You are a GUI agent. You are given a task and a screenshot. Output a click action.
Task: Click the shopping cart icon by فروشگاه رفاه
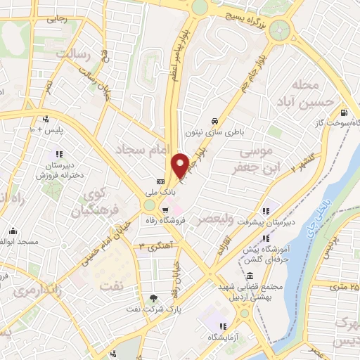[x=165, y=208]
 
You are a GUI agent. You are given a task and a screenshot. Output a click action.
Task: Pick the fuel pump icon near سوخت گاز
[x=342, y=112]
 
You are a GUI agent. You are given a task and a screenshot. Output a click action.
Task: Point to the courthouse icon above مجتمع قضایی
[x=252, y=274]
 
